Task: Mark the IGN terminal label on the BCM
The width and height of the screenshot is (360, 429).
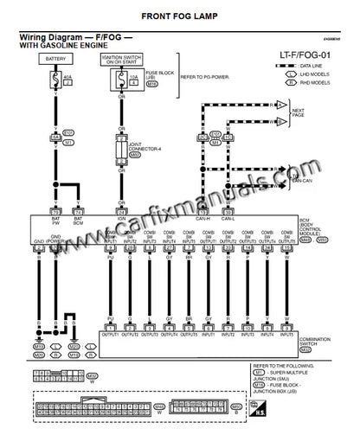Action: tap(122, 219)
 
